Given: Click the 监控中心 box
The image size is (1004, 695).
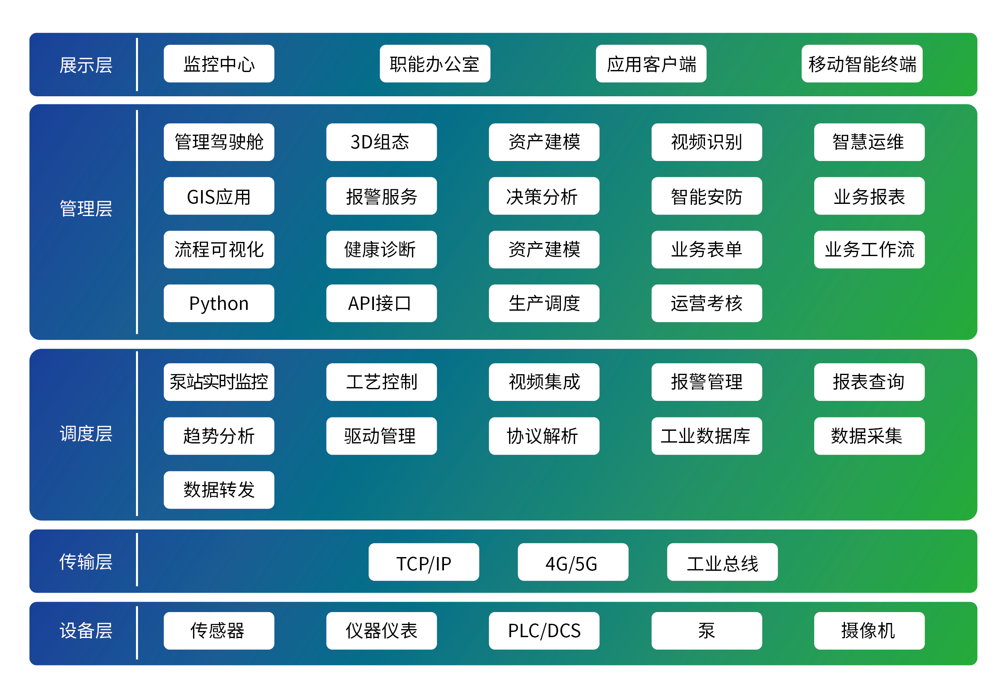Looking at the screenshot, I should click(x=219, y=64).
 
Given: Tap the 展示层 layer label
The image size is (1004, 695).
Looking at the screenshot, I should click(x=86, y=65).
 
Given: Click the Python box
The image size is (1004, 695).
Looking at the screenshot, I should click(x=219, y=303).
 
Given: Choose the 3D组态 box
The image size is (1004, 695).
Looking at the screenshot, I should click(x=381, y=142).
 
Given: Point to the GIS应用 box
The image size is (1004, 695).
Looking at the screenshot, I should click(x=219, y=196).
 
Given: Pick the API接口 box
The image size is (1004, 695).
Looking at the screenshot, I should click(x=381, y=303).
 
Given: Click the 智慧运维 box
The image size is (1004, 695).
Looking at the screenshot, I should click(x=868, y=142).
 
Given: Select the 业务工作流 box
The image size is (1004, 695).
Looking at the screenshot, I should click(x=868, y=250).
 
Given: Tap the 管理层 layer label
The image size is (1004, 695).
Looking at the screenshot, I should click(x=86, y=208).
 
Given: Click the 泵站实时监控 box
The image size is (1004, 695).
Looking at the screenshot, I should click(x=219, y=382).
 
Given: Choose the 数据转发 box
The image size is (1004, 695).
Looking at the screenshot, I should click(x=219, y=489).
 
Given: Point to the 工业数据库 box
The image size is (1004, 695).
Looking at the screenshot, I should click(x=706, y=436).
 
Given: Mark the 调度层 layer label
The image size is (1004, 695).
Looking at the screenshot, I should click(x=86, y=434).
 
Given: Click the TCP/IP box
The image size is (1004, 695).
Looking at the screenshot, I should click(x=423, y=562).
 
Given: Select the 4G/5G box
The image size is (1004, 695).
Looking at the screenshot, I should click(x=572, y=562).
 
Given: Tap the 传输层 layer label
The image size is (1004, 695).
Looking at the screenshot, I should click(x=86, y=562).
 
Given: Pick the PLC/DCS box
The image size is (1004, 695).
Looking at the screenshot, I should click(x=543, y=631).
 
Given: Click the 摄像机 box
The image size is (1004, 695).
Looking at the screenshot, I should click(x=868, y=631).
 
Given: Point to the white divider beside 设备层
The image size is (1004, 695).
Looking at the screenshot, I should click(x=137, y=633).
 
